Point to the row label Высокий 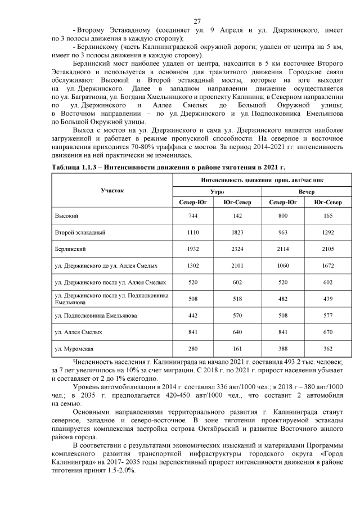[x=66, y=215]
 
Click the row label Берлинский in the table [x=70, y=248]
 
